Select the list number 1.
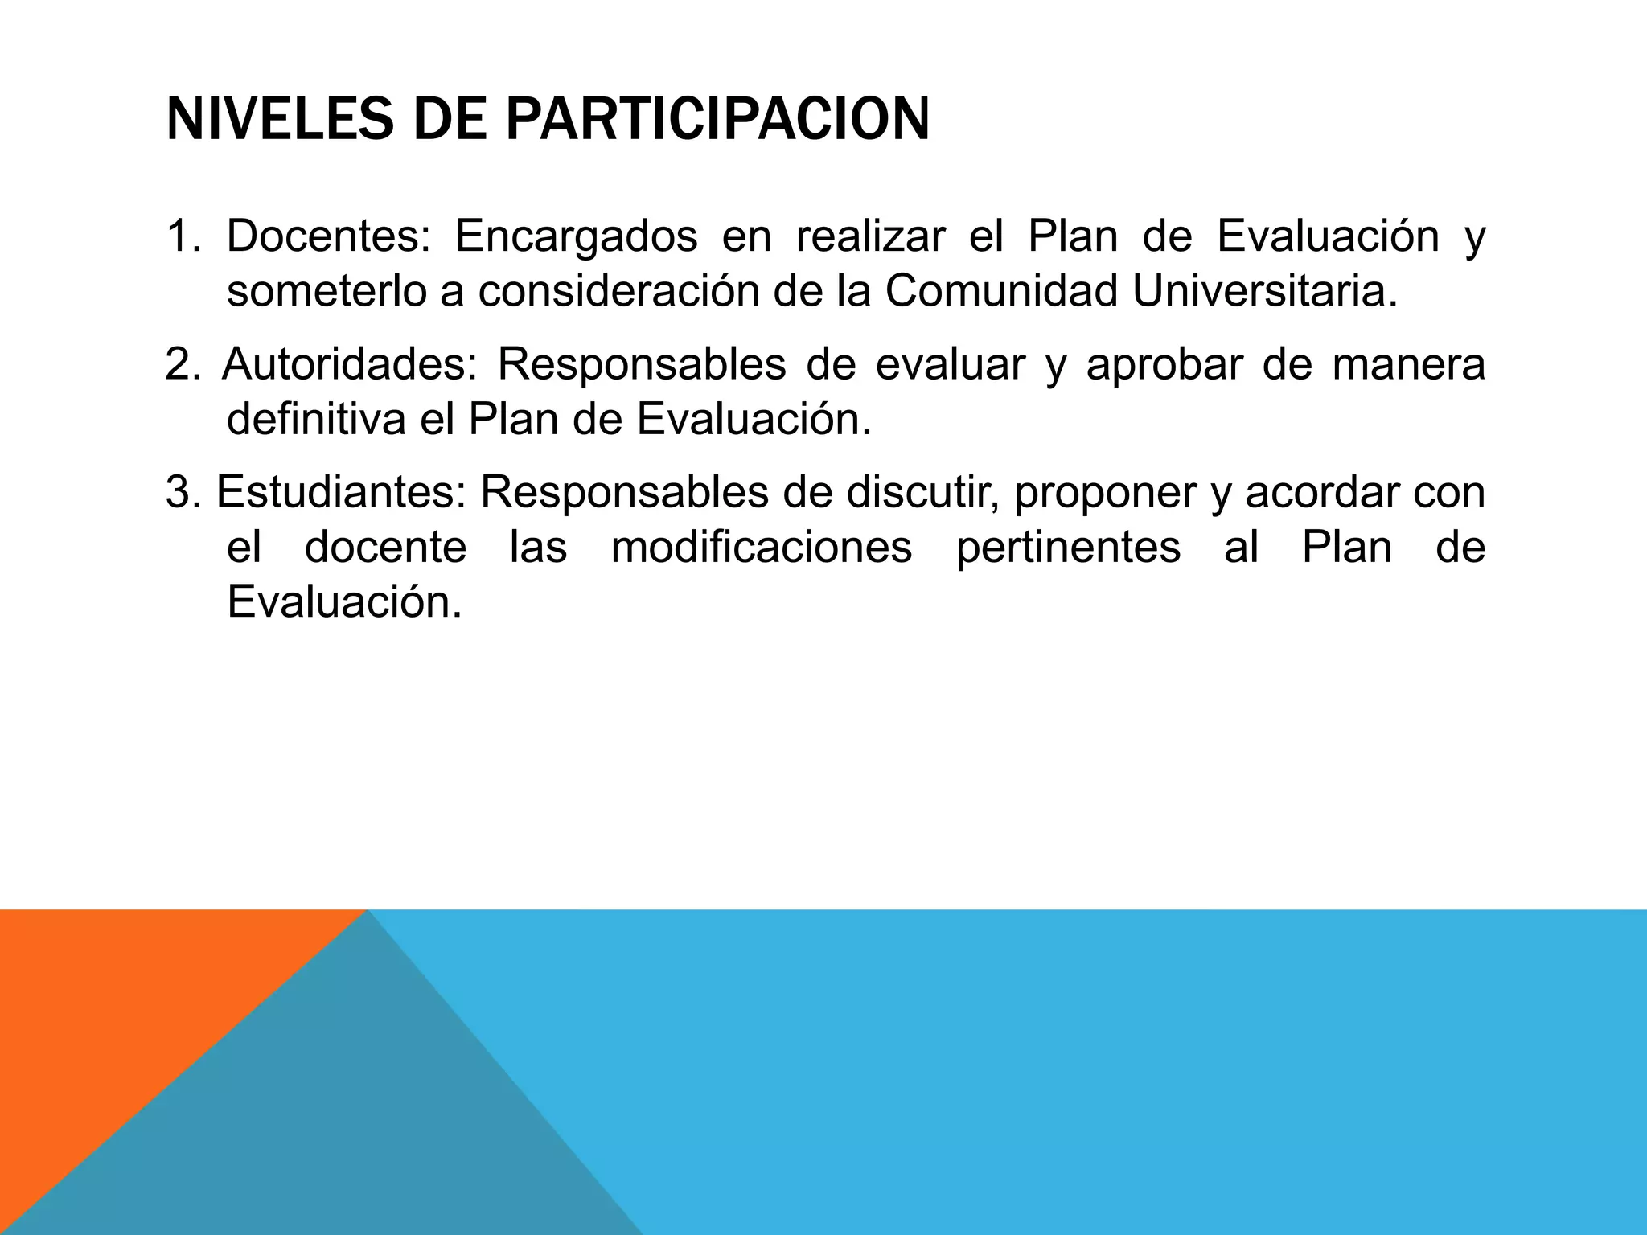click(x=178, y=236)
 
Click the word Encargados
click(x=576, y=236)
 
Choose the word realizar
click(x=869, y=236)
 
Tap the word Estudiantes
click(x=341, y=492)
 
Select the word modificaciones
click(x=762, y=548)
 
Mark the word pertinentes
click(x=1068, y=548)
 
